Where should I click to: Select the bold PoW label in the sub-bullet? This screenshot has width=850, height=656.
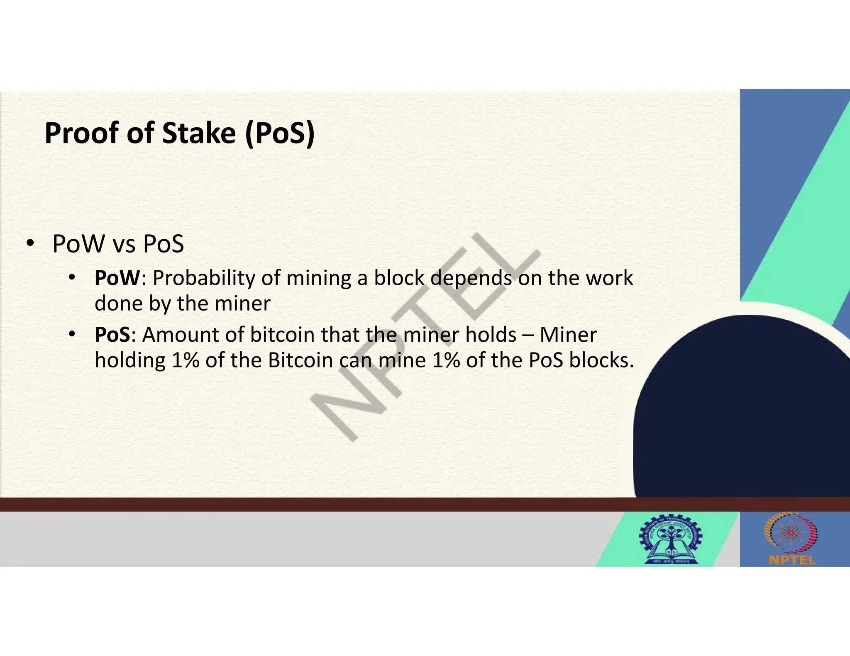[117, 278]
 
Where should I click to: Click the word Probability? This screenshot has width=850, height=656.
[203, 278]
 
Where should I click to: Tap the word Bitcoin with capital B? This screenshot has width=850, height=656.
[300, 360]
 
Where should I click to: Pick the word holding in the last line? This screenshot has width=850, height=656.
[130, 360]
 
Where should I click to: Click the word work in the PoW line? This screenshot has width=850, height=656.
[609, 278]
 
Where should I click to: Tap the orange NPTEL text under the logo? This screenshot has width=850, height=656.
[792, 560]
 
